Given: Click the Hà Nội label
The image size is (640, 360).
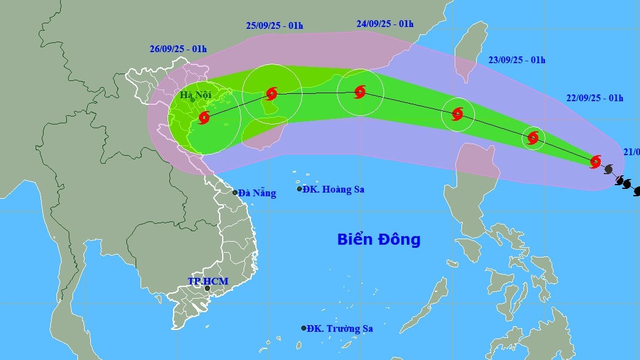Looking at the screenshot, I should click(195, 95).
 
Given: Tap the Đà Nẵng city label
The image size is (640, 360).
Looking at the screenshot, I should click(257, 193).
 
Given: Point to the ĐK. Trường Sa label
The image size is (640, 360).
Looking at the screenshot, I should click(340, 329).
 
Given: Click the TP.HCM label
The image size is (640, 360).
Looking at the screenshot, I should click(208, 281).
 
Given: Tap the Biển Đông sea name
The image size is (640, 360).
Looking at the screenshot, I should click(379, 239).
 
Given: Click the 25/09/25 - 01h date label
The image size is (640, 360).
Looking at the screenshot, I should click(274, 26).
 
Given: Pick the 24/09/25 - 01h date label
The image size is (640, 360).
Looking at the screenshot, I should click(385, 24).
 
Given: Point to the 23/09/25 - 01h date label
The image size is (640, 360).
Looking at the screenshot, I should click(517, 60).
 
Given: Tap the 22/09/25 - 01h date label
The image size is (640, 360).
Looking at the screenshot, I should click(595, 98).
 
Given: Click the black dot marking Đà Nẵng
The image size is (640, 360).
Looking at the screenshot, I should click(235, 193).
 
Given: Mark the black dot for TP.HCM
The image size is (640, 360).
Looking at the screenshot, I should click(207, 288).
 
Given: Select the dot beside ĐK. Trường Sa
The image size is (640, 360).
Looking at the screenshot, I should click(304, 328).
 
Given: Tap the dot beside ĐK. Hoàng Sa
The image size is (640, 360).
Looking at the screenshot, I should click(299, 189).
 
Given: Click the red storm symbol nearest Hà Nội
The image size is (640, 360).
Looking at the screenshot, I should click(204, 117).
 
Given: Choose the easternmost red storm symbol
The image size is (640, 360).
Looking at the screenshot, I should click(595, 161).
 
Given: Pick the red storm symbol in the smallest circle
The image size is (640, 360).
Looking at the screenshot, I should click(533, 137).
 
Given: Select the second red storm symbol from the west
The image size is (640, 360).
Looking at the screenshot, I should click(271, 94).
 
